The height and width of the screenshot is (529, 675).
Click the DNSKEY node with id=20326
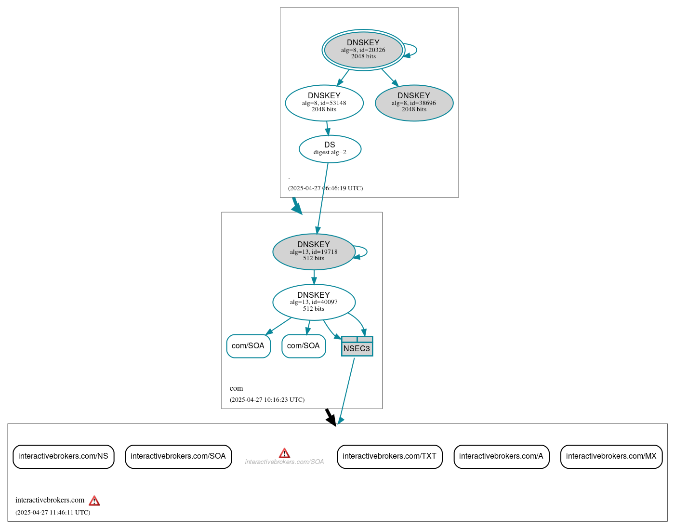(x=363, y=50)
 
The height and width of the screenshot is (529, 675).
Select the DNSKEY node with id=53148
(x=324, y=103)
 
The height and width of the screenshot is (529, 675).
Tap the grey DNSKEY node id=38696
(x=414, y=103)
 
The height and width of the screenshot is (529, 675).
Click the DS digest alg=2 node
(x=330, y=148)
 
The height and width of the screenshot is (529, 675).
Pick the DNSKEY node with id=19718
(x=314, y=251)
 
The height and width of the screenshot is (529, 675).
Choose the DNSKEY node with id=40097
(x=314, y=302)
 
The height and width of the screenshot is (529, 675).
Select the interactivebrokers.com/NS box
(x=63, y=456)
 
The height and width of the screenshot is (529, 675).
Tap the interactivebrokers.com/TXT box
(x=389, y=456)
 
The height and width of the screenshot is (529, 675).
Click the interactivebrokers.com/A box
(x=501, y=456)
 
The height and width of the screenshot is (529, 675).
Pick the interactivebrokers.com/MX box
(x=611, y=456)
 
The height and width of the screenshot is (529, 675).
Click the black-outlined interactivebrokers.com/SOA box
(x=178, y=456)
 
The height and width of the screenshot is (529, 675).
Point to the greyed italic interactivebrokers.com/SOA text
(x=284, y=462)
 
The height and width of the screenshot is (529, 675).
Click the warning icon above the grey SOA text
(x=284, y=453)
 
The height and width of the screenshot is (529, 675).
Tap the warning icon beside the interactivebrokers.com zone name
(x=94, y=501)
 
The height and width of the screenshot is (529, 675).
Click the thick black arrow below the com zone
(x=330, y=417)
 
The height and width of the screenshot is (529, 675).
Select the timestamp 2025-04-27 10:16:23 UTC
(x=267, y=400)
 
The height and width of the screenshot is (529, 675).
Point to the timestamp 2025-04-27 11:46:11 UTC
(x=53, y=513)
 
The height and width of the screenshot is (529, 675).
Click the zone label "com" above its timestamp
(x=236, y=388)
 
